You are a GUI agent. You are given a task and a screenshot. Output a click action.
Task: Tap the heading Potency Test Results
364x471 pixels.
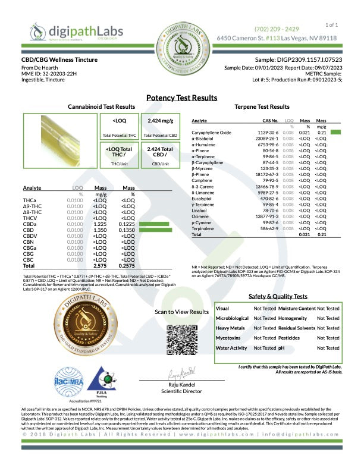pos(181,98)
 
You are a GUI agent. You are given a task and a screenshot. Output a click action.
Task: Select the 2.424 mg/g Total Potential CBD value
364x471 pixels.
pos(159,121)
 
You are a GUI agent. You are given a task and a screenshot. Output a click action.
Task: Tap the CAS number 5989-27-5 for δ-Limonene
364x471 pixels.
pos(268,193)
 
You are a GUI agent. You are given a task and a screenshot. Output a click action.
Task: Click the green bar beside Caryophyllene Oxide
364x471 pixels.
pos(336,131)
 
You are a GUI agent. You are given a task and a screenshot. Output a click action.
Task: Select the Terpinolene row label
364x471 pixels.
pos(203,228)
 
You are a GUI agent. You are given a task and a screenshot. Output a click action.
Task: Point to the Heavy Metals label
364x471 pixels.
pos(230,328)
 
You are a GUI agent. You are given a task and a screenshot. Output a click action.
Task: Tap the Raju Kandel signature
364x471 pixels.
pos(181,375)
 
